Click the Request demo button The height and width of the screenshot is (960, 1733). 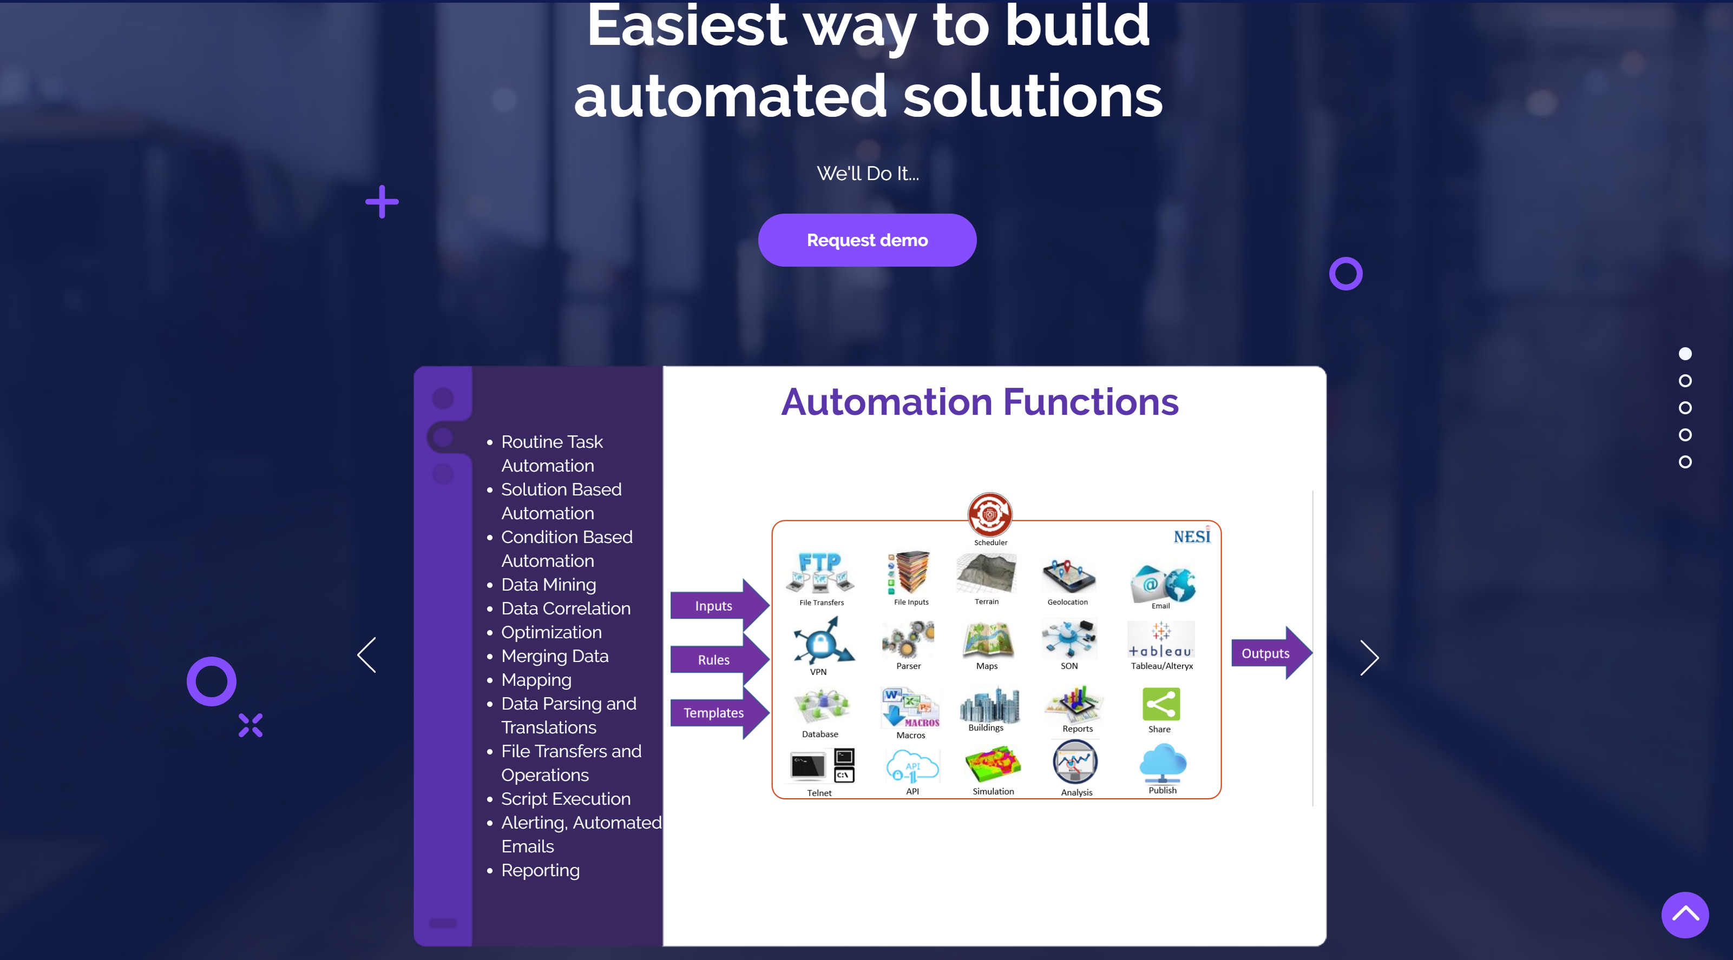pos(867,240)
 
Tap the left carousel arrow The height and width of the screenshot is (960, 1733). pos(366,655)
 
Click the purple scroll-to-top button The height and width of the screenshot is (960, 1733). pos(1685,914)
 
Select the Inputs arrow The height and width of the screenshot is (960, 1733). pos(719,606)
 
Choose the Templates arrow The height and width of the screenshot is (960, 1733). pos(719,713)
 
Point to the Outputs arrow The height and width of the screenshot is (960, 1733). pos(1271,653)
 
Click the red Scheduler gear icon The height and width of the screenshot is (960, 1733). pos(989,515)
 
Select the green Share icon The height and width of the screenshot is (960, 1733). pos(1160,704)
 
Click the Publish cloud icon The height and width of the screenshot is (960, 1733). pos(1163,763)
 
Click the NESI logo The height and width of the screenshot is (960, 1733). pos(1192,536)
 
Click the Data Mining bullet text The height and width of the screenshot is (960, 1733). pos(548,585)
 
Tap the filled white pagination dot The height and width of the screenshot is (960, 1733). pos(1685,354)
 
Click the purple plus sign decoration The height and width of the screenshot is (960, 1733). pos(382,202)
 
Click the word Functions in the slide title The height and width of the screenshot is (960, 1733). pos(1091,402)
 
